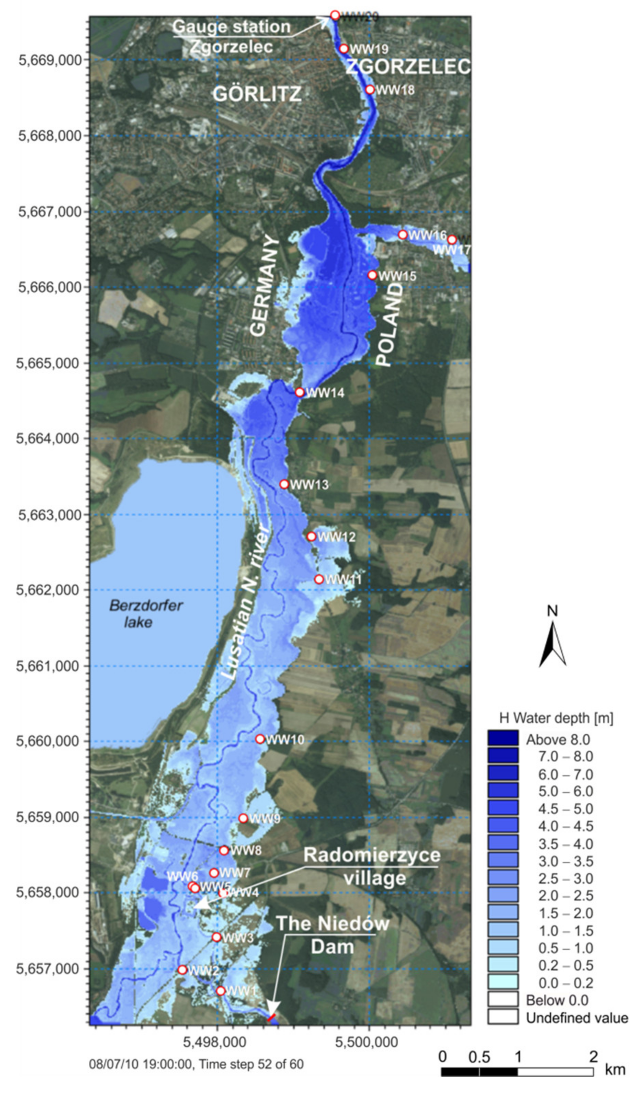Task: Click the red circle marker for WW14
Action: tap(299, 392)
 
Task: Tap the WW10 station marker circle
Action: tap(260, 739)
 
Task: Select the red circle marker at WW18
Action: tap(369, 90)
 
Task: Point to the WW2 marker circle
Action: tap(182, 970)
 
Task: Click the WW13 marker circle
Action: tap(284, 484)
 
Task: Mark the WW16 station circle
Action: tap(402, 235)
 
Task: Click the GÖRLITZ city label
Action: tap(257, 94)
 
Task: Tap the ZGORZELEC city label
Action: tap(408, 66)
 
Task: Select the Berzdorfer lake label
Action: tap(146, 613)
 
